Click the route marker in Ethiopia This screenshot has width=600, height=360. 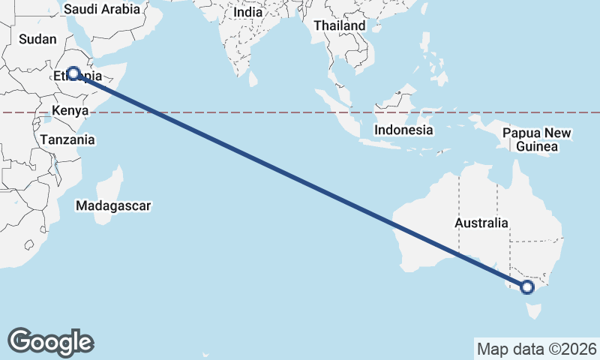pos(73,73)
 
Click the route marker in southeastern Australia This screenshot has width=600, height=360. pos(526,286)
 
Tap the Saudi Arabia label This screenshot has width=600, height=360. pos(102,10)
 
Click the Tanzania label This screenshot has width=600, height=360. pos(67,139)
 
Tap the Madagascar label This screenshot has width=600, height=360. pos(114,205)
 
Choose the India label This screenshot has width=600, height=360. pos(247,13)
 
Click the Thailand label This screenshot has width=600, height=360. pos(340,25)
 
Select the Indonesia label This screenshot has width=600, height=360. pos(404,130)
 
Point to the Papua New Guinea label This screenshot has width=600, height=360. pos(537,140)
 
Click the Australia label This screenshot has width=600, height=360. pos(481,223)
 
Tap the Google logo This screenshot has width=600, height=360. pos(50,342)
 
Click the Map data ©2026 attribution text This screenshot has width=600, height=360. pos(537,349)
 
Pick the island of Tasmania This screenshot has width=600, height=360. pos(533,309)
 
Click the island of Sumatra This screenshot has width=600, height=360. pos(337,112)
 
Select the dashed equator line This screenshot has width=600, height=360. pos(225,113)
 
